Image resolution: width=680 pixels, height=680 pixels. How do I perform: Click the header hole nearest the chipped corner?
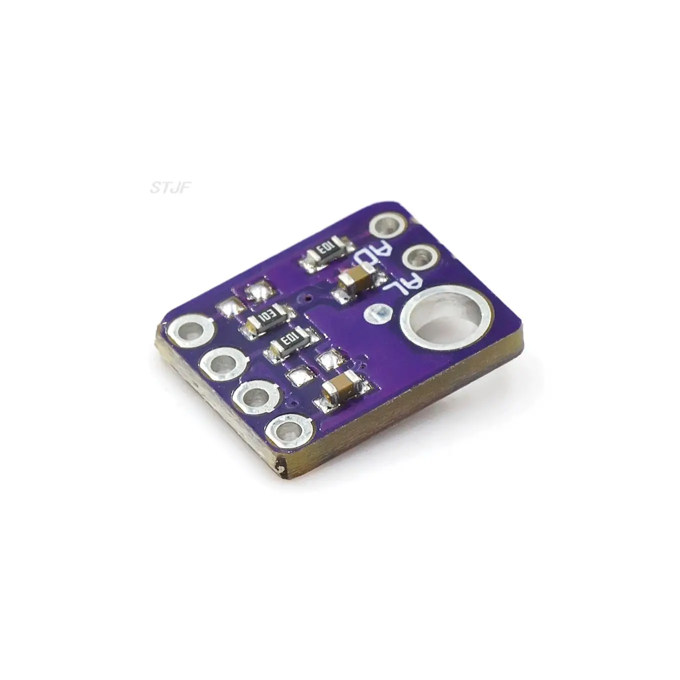click(288, 429)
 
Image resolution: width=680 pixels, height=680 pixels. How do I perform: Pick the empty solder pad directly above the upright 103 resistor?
click(258, 292)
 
